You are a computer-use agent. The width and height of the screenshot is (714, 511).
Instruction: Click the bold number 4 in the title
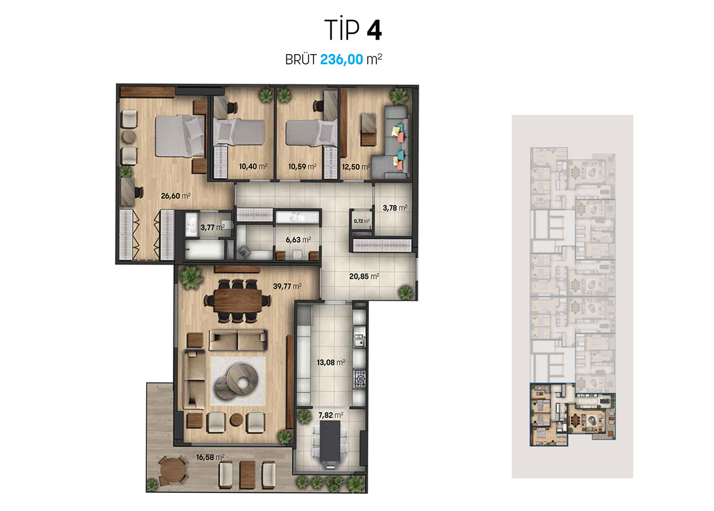374,30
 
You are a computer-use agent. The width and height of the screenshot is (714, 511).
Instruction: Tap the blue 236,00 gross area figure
341,59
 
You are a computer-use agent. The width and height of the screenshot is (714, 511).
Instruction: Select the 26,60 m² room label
176,196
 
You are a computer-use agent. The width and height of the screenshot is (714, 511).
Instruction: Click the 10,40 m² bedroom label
253,166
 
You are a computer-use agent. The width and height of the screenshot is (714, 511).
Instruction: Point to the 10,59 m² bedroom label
302,166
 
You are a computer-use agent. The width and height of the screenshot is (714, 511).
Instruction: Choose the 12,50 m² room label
356,166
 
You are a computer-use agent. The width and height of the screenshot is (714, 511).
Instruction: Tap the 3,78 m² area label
395,208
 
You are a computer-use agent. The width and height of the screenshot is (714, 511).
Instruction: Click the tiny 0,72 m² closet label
362,221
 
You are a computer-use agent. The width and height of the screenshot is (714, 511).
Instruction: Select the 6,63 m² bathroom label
298,240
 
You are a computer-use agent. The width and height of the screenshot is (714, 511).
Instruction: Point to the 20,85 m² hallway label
364,276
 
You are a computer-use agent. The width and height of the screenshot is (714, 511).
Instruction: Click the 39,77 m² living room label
287,286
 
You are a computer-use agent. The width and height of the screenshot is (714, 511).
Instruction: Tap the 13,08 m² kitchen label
331,362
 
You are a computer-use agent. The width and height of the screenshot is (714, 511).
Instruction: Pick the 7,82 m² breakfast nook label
331,415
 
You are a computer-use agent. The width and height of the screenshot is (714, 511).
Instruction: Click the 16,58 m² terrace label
210,457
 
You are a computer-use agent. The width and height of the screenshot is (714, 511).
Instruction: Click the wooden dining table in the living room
238,301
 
